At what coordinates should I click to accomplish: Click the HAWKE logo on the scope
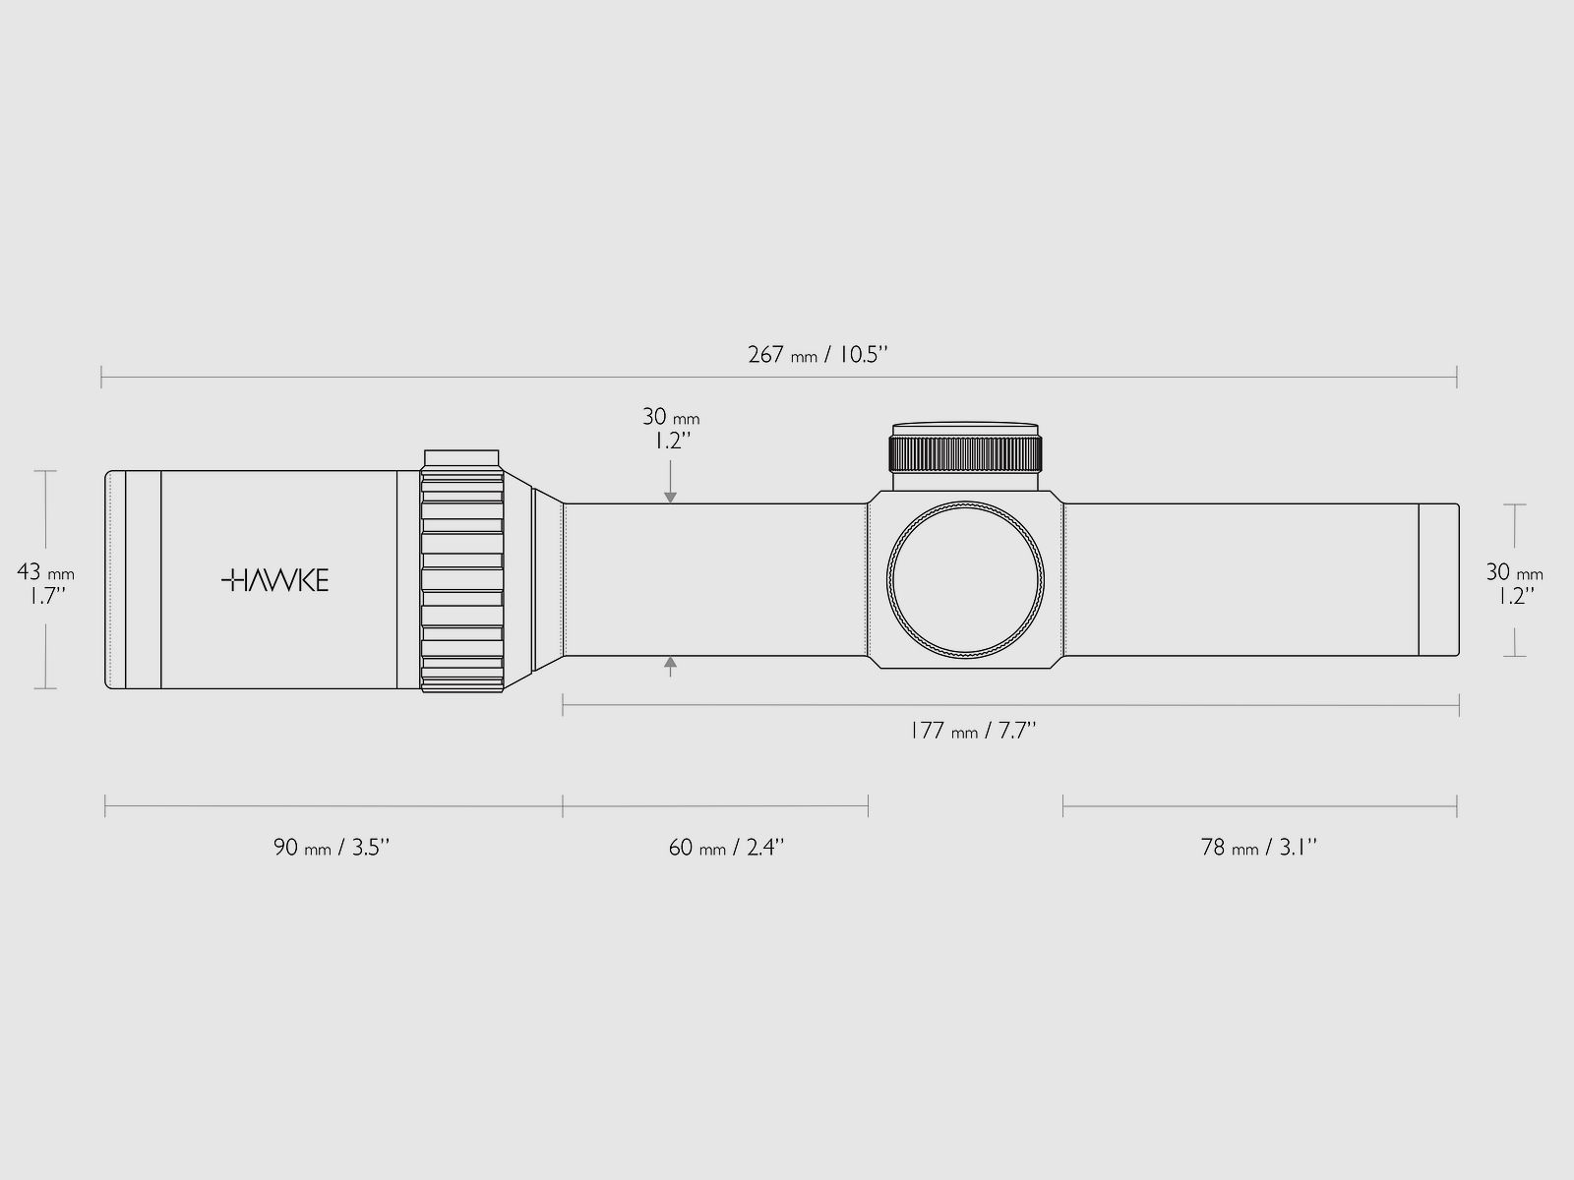point(274,580)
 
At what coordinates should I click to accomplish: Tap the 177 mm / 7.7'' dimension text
point(973,731)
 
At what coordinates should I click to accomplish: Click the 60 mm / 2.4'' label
point(726,847)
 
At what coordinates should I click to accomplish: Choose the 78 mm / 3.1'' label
point(1259,847)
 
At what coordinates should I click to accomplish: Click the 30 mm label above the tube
point(671,429)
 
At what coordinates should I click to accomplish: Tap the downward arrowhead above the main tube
point(671,499)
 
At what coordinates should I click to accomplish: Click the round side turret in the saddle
point(964,580)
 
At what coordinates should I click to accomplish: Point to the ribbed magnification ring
point(462,580)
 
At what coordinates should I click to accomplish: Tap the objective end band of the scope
point(1437,580)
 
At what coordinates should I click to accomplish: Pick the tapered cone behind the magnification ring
point(547,580)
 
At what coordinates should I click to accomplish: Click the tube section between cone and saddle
point(713,580)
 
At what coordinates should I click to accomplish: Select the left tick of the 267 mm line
point(101,377)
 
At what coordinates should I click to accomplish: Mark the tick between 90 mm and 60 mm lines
point(563,807)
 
